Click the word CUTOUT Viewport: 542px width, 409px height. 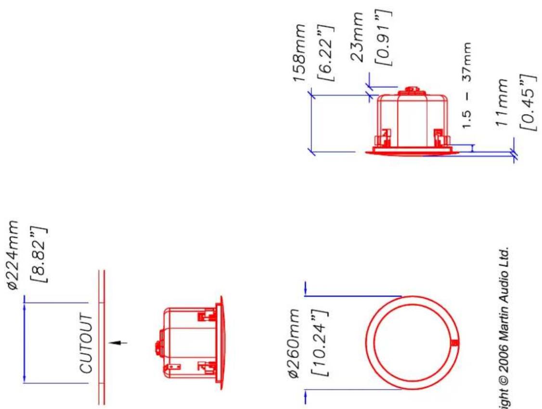(87, 343)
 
